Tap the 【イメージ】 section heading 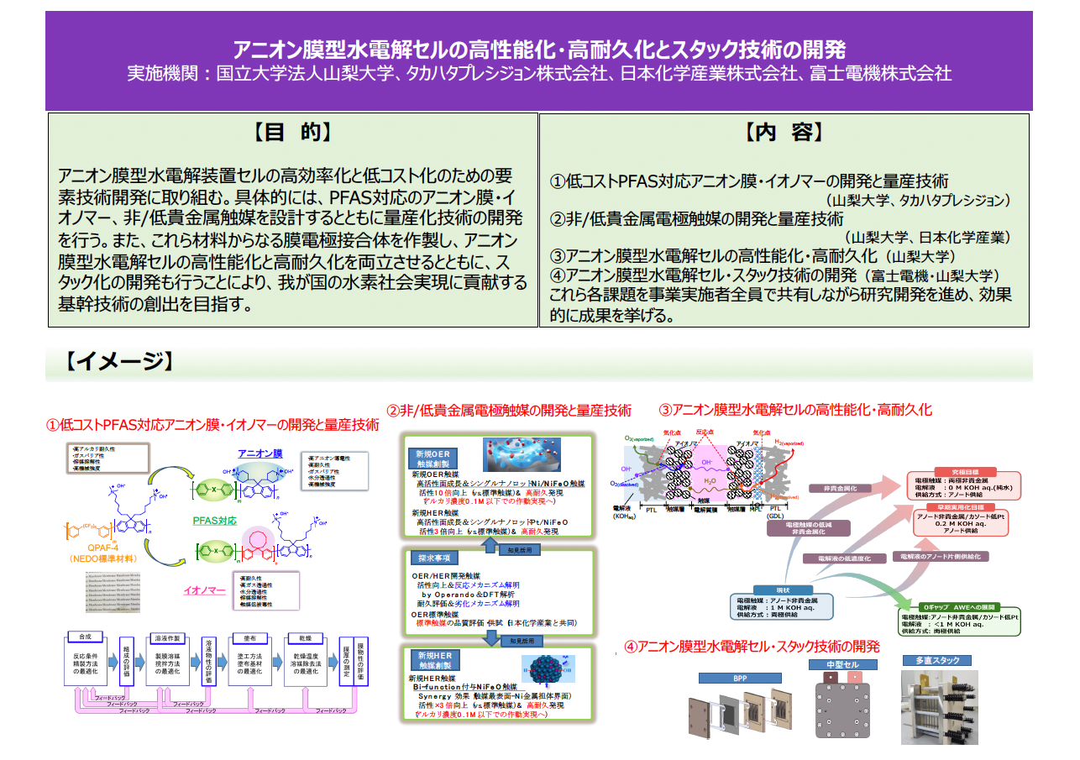point(118,361)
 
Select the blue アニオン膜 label point(260,453)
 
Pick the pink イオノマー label point(204,590)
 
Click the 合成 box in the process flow point(85,637)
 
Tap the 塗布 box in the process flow point(249,637)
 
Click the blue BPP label point(739,678)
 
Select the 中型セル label point(835,665)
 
